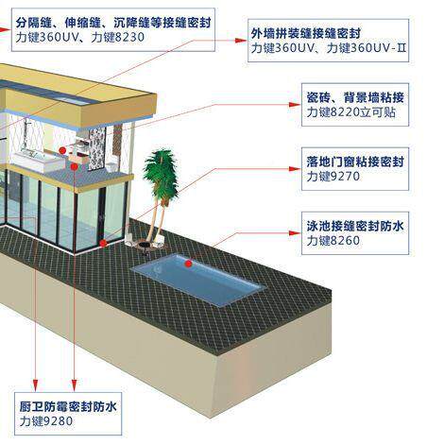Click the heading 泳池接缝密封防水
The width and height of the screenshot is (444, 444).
[x=355, y=226]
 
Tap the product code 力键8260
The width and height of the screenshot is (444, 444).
[x=333, y=241]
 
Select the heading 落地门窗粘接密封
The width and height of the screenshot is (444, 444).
[x=355, y=162]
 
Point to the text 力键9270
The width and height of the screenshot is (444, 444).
[x=333, y=176]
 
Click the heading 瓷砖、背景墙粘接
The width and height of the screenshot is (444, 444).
[x=355, y=97]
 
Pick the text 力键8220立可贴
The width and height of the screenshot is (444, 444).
[x=351, y=111]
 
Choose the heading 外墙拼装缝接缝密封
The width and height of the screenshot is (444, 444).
[x=305, y=33]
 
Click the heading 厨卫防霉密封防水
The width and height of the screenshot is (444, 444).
[x=68, y=406]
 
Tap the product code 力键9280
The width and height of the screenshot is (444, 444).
[x=46, y=421]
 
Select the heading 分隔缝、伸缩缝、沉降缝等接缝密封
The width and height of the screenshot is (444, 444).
[x=113, y=23]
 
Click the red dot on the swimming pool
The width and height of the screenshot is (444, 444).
[x=188, y=264]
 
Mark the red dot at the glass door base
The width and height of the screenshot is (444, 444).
[x=103, y=243]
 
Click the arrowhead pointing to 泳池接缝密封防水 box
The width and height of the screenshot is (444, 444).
[x=295, y=233]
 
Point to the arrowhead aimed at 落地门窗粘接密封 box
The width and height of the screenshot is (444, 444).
[x=295, y=169]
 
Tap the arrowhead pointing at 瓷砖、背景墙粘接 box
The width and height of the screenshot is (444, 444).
[x=295, y=105]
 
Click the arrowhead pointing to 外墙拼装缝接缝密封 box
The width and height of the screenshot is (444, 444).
[x=241, y=41]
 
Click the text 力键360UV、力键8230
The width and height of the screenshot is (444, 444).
[x=80, y=37]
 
